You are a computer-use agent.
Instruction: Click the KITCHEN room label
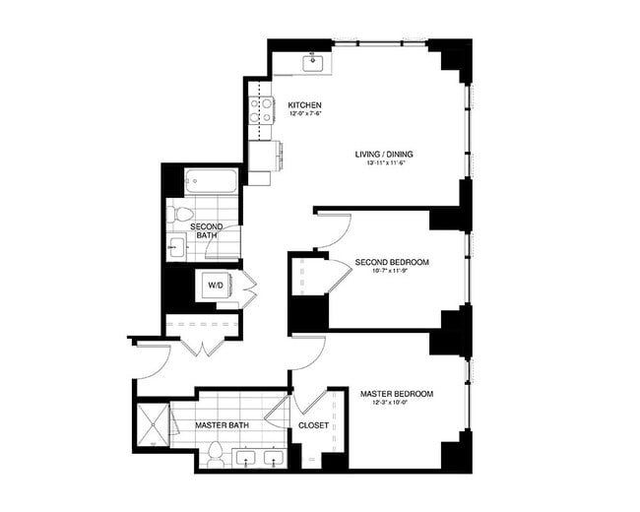click(x=304, y=105)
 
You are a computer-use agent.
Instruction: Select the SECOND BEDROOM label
click(x=392, y=262)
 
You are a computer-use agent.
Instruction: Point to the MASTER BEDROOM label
click(x=396, y=393)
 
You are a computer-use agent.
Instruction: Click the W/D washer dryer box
click(x=216, y=286)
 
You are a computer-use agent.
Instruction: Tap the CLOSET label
click(x=313, y=426)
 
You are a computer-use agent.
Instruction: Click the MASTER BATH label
click(x=221, y=425)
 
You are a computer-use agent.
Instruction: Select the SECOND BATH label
click(x=207, y=231)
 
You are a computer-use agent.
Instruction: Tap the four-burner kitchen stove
click(x=261, y=114)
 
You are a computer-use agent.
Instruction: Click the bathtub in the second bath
click(x=212, y=181)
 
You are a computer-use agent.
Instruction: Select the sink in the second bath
click(x=178, y=247)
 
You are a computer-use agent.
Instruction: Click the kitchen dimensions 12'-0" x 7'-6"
click(x=305, y=115)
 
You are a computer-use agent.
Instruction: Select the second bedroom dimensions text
click(x=392, y=272)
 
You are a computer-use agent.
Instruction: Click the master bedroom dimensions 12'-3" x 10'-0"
click(x=396, y=403)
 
